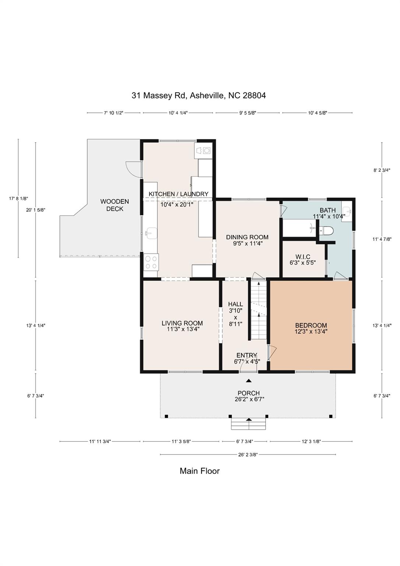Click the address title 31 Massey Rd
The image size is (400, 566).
[199, 95]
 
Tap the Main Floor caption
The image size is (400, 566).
[199, 471]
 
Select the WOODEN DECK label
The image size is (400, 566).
[115, 205]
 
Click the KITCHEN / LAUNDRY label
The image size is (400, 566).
[178, 194]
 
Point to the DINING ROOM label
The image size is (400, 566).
[247, 237]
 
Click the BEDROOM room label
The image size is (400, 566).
[311, 325]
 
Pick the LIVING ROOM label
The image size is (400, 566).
[182, 323]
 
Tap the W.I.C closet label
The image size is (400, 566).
[303, 257]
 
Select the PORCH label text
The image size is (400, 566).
[249, 393]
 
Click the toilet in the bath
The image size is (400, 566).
[327, 231]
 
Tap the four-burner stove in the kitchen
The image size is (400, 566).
[151, 262]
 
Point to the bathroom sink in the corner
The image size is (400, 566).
[347, 211]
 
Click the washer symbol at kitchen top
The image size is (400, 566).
[203, 150]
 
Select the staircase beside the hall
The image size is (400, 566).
[259, 310]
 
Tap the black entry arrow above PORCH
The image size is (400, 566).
[249, 381]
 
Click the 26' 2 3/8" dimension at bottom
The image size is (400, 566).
[248, 455]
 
